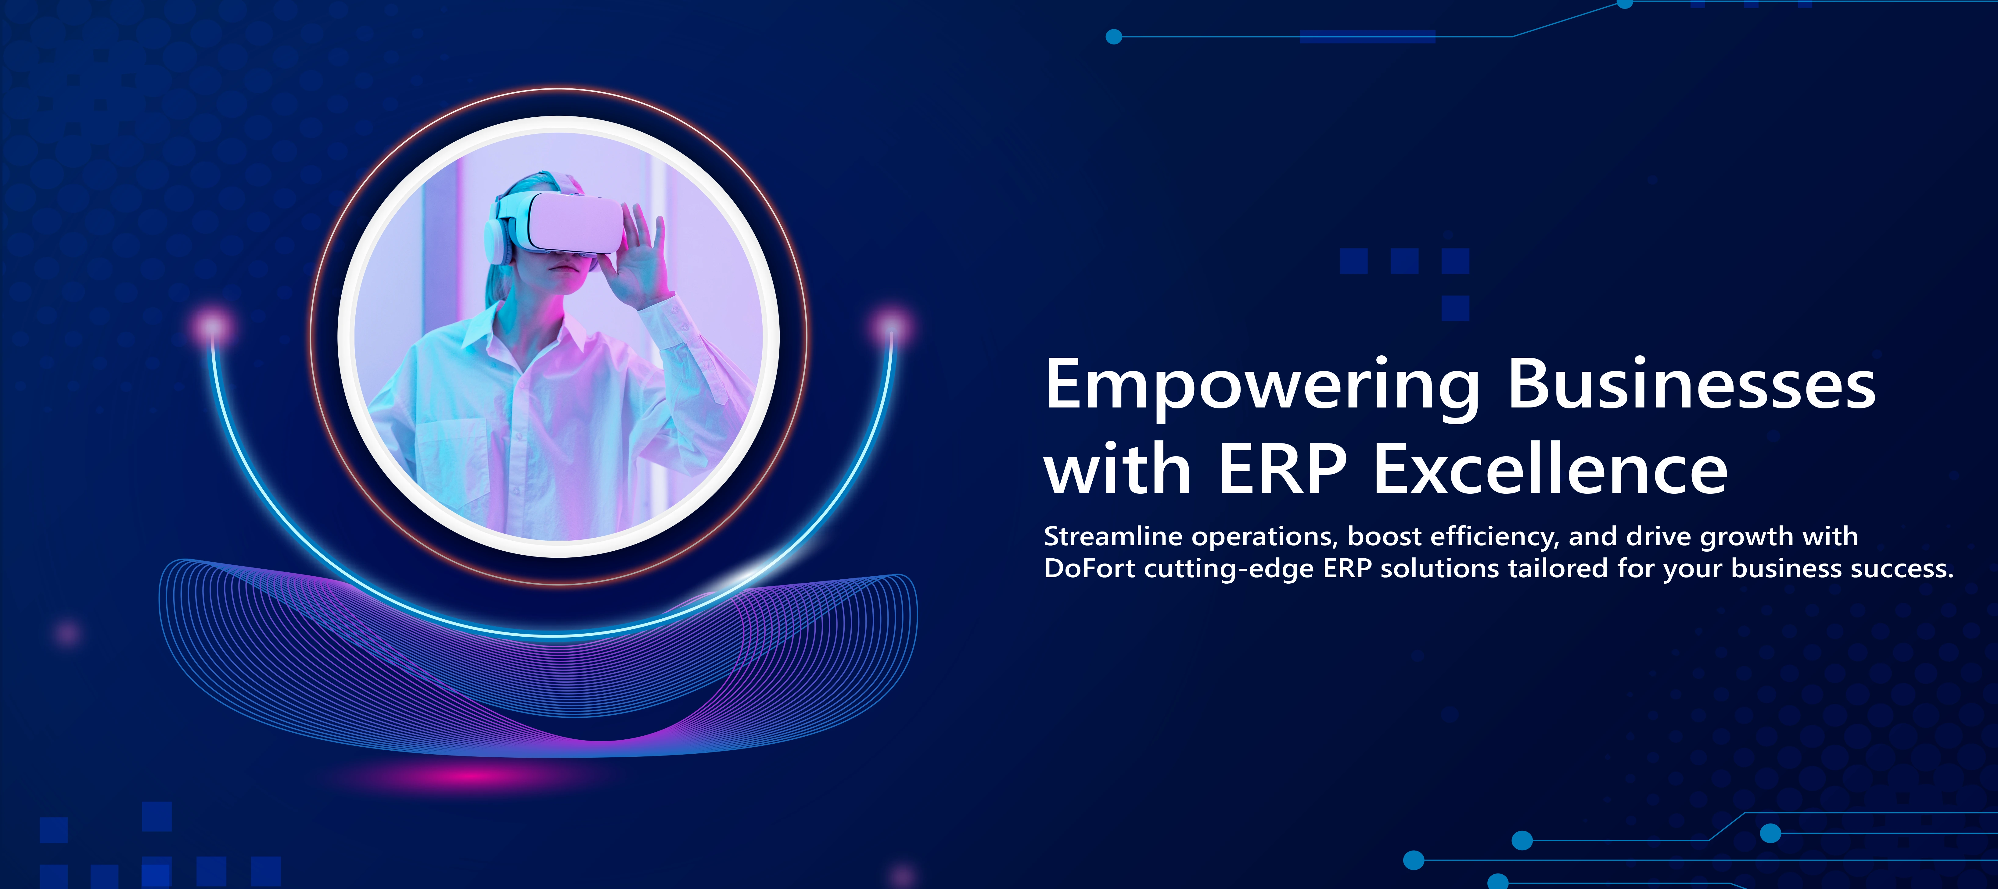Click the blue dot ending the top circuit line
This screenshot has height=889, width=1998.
(x=1114, y=37)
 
